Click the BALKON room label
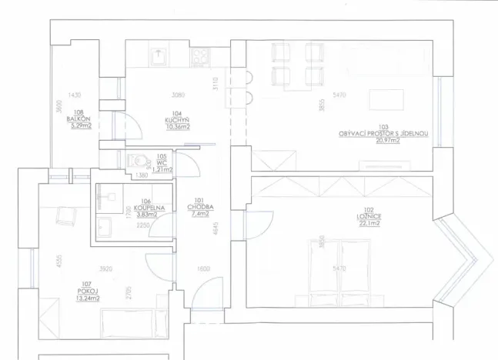pyautogui.click(x=79, y=119)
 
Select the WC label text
pyautogui.click(x=162, y=162)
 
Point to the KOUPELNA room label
pyautogui.click(x=145, y=208)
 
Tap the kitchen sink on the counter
pyautogui.click(x=159, y=55)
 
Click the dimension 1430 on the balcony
pyautogui.click(x=74, y=95)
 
